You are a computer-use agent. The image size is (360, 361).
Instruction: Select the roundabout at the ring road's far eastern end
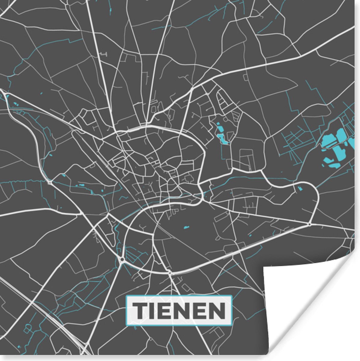coord(310,224)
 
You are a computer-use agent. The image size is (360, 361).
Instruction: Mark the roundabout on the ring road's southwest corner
coord(122,260)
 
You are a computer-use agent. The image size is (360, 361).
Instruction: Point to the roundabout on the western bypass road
coord(50,182)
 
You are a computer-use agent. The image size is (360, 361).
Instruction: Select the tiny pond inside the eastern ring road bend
coord(300,189)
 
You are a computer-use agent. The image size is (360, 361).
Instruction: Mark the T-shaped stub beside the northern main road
coord(104,54)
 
